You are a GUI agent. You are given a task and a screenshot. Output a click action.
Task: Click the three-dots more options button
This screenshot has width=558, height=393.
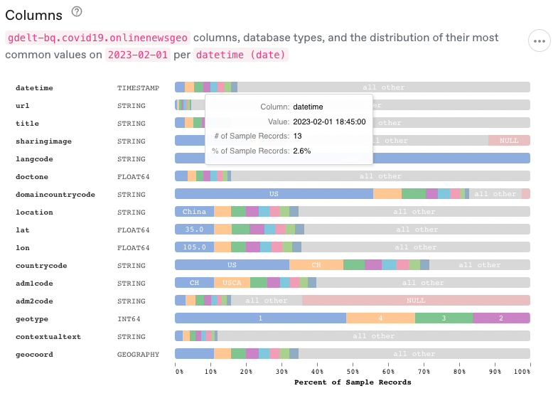coord(540,41)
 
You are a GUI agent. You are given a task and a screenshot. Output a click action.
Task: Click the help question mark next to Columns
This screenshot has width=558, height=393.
coord(77,11)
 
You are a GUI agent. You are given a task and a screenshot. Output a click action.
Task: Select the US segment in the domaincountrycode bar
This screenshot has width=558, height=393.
coord(274,194)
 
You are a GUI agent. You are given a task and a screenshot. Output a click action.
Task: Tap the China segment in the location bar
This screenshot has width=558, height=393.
coord(194,212)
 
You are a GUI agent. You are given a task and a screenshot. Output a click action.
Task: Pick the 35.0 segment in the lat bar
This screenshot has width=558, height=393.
coord(194,230)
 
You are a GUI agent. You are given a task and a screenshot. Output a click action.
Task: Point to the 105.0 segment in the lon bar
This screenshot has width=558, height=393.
coord(194,247)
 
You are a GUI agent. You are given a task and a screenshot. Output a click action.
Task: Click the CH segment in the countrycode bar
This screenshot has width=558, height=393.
coord(316,265)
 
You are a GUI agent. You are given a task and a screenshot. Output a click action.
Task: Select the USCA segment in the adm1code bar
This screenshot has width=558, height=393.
coord(232,283)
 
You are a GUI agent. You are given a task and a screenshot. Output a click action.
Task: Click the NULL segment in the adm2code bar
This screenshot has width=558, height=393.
coord(416,301)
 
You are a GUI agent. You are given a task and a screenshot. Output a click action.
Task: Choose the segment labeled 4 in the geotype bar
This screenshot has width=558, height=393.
coord(380,318)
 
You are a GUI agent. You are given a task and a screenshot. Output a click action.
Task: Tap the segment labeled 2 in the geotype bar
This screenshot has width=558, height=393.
coord(501,318)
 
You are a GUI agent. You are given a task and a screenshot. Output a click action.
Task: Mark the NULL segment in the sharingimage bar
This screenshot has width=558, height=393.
coord(509,141)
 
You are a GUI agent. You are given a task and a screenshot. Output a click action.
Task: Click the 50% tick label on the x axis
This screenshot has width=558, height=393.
coord(353,371)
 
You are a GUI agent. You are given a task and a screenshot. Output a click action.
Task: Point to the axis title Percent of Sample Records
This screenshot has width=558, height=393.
coord(353,382)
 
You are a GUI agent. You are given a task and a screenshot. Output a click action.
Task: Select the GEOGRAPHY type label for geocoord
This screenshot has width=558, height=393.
coord(138,354)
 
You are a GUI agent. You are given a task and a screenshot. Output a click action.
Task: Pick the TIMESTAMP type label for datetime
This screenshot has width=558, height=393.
coord(138,87)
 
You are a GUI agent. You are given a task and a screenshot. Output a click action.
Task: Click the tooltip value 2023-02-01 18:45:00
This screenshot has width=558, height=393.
coord(329,122)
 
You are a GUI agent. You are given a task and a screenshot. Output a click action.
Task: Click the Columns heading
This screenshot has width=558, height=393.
coord(33,14)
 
